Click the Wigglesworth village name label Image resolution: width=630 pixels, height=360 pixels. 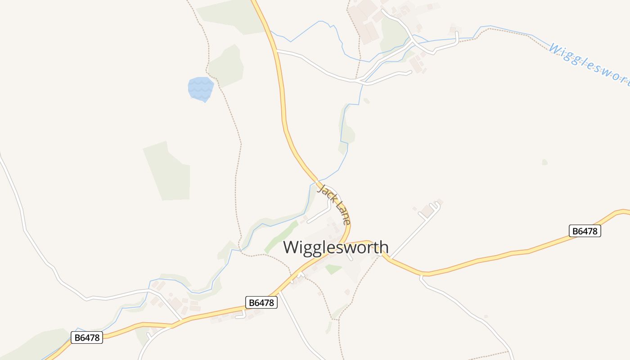pyautogui.click(x=336, y=247)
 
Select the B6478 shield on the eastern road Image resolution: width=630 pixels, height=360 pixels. pyautogui.click(x=585, y=231)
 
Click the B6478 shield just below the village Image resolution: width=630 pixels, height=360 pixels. pyautogui.click(x=261, y=302)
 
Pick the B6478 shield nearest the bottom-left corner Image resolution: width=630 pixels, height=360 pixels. pyautogui.click(x=87, y=337)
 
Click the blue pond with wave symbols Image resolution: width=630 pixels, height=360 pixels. pyautogui.click(x=200, y=89)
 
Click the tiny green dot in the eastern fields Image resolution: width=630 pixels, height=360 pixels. pyautogui.click(x=545, y=162)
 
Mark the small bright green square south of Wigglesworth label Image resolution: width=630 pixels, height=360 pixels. pyautogui.click(x=333, y=269)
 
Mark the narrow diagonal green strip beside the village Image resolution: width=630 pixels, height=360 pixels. pyautogui.click(x=281, y=237)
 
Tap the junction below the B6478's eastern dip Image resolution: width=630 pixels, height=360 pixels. pyautogui.click(x=421, y=276)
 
